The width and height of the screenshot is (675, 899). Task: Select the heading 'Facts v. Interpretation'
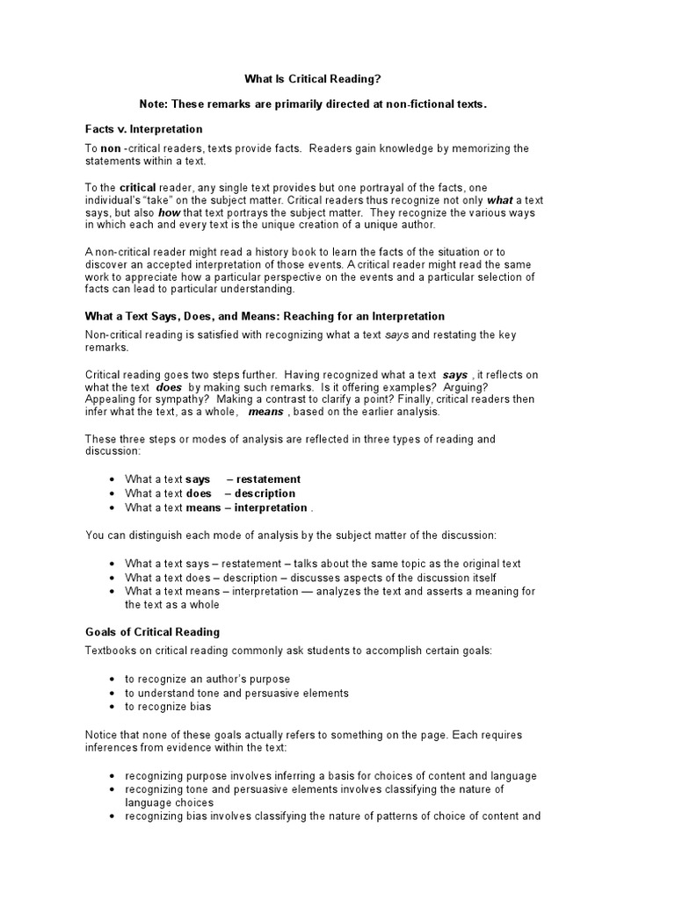point(143,129)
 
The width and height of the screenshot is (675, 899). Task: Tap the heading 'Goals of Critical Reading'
point(152,631)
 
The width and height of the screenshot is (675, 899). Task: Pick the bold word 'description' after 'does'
point(265,493)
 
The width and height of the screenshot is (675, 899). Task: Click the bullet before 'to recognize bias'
point(114,708)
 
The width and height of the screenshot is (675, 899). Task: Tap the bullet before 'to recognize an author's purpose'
point(114,680)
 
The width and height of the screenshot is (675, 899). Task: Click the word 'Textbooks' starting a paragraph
point(111,651)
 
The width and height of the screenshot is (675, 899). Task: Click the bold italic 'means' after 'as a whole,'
point(265,411)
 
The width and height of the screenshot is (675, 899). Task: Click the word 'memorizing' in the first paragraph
point(456,148)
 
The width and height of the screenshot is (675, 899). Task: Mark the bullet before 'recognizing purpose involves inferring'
point(114,777)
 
